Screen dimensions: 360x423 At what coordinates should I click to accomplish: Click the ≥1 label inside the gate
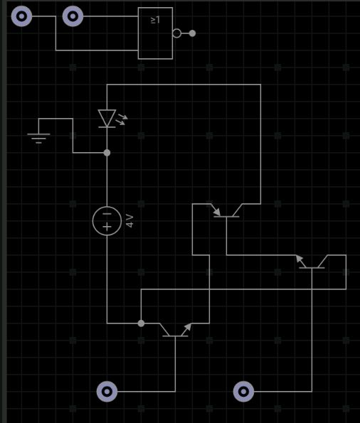155,20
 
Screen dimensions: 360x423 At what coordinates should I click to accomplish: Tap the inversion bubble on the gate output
177,33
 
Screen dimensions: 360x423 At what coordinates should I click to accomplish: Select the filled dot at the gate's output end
192,33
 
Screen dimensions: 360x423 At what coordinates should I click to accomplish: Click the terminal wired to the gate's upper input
73,16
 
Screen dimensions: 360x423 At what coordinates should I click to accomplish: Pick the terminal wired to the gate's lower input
21,16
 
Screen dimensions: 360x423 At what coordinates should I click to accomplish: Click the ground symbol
38,138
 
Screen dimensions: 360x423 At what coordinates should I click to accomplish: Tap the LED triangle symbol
107,118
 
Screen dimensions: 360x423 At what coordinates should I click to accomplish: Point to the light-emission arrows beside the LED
122,119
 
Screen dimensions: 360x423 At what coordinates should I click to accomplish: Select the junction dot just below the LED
107,153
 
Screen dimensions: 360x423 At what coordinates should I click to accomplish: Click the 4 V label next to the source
129,221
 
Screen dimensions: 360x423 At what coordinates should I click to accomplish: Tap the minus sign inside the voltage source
107,214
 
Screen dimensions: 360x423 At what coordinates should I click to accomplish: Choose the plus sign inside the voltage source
107,227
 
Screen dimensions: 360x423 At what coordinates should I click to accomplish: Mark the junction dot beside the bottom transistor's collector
141,323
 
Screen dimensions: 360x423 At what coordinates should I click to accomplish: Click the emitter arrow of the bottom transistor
188,327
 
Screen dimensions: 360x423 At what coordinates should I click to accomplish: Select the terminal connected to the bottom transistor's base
107,392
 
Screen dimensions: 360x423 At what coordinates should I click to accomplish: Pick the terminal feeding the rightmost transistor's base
243,392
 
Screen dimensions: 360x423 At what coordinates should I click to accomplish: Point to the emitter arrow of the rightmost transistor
300,259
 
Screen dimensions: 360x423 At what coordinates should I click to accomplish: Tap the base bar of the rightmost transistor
312,268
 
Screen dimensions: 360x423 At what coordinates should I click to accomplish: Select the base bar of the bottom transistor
175,336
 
